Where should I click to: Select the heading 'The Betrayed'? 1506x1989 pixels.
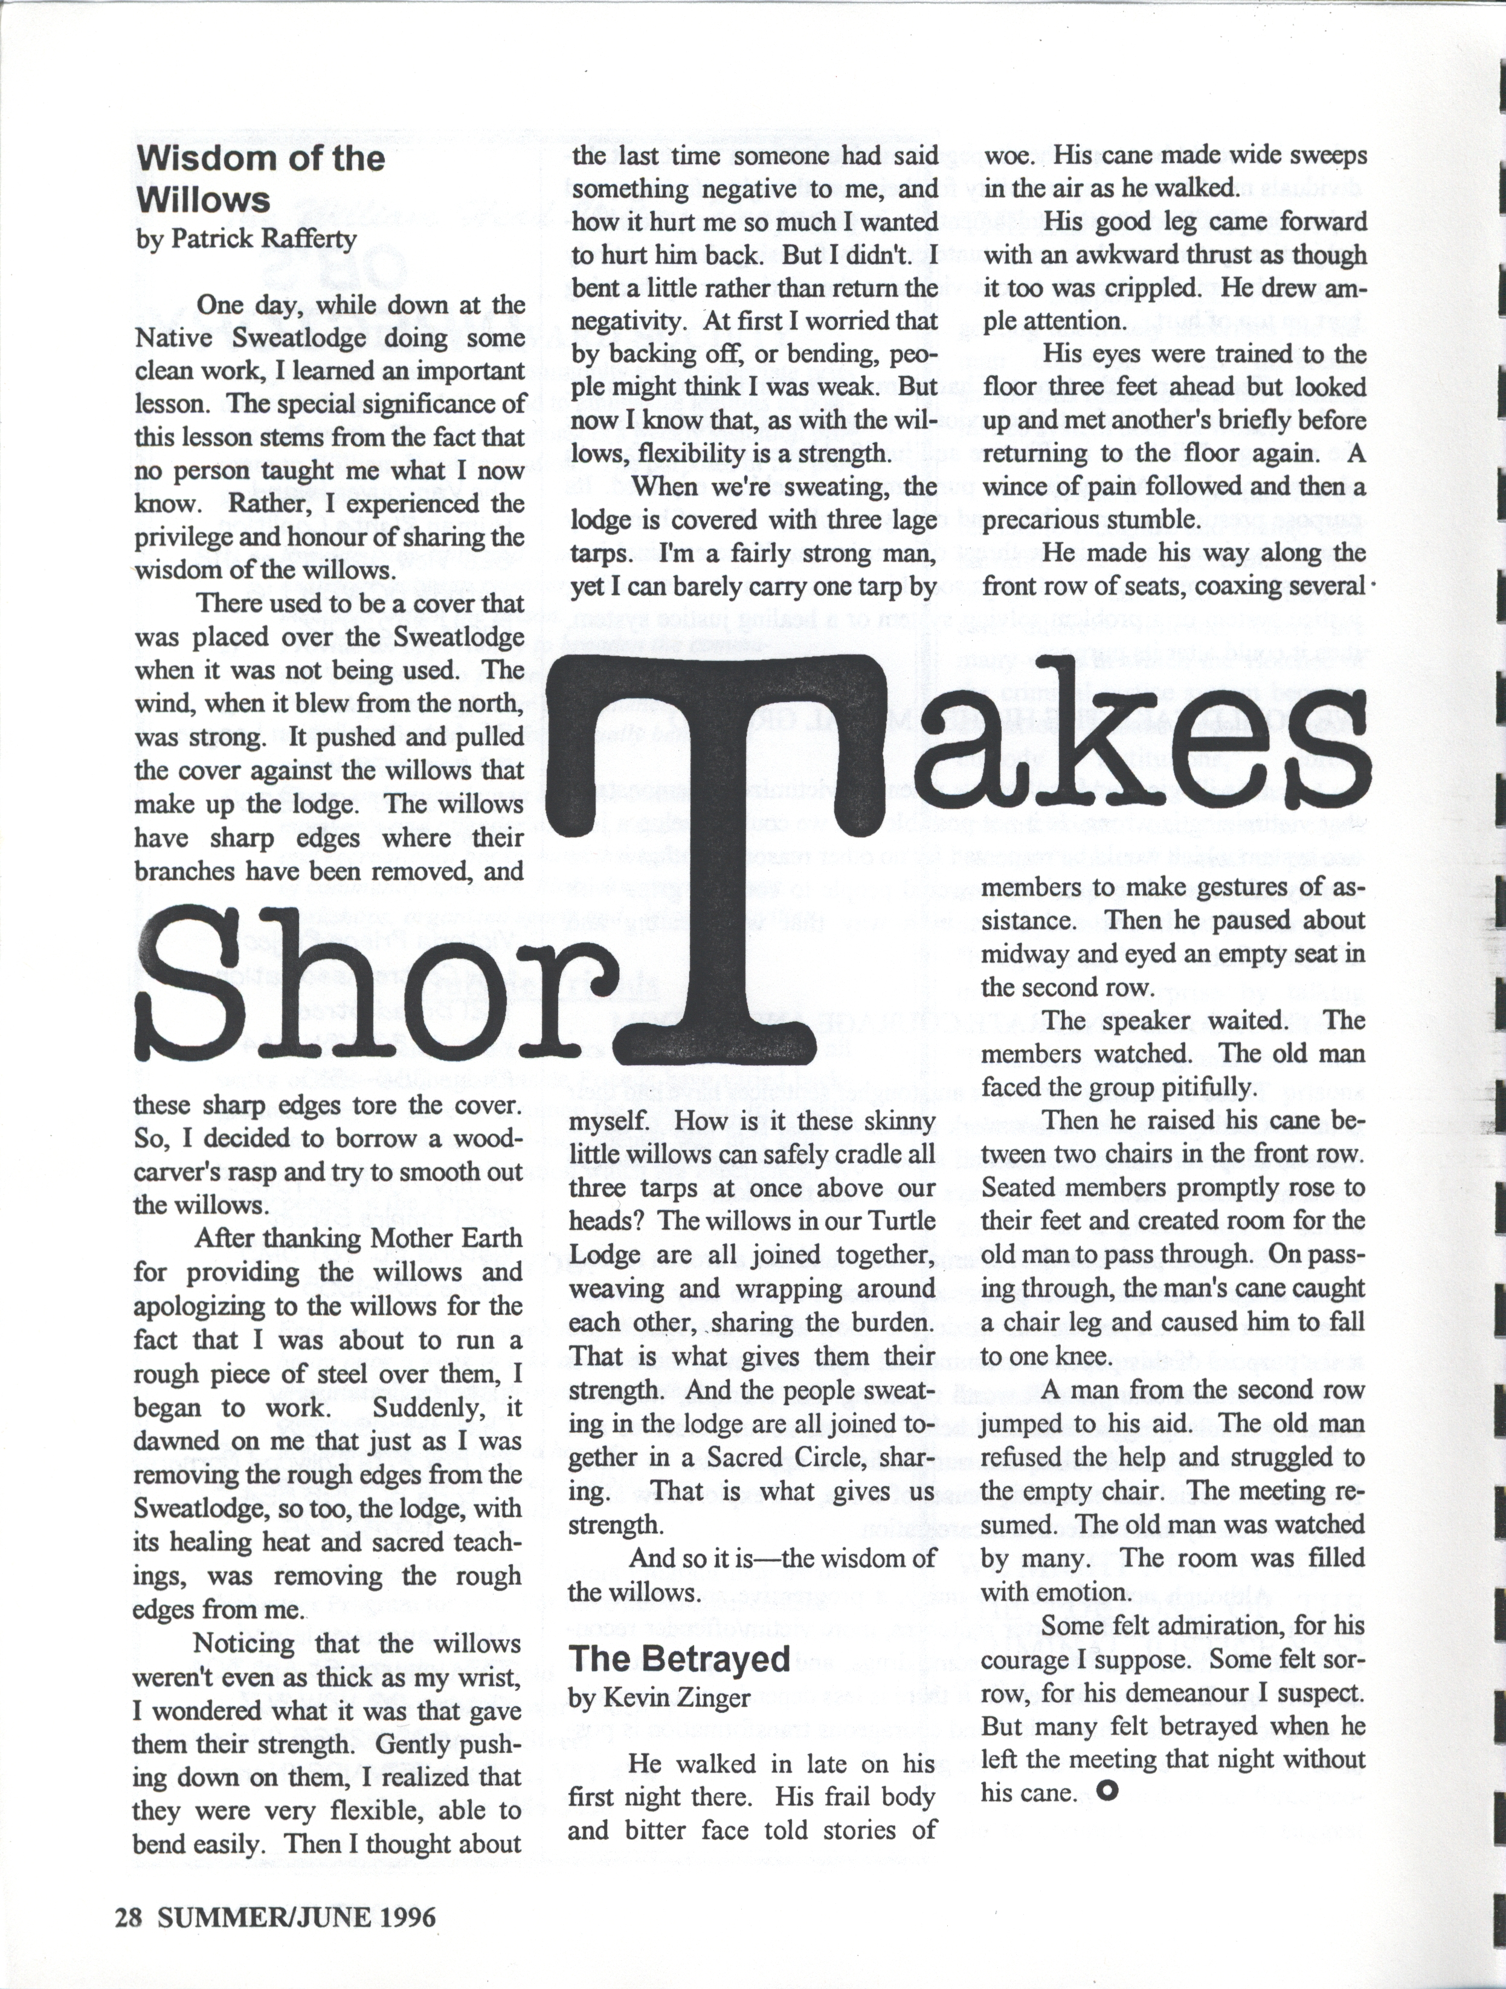click(x=679, y=1659)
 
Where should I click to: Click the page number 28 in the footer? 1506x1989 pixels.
click(x=129, y=1916)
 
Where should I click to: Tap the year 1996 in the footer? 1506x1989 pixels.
click(x=407, y=1916)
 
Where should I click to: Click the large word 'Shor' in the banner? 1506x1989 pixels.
click(x=359, y=985)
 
